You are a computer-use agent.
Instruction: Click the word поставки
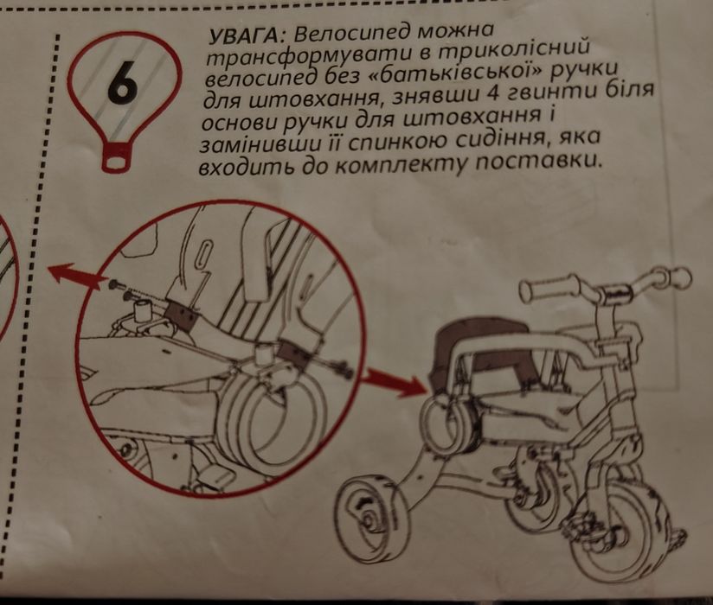click(537, 162)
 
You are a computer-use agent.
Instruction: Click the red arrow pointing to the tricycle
click(394, 380)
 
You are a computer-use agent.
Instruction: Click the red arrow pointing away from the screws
click(74, 275)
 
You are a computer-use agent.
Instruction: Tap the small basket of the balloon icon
click(117, 158)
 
